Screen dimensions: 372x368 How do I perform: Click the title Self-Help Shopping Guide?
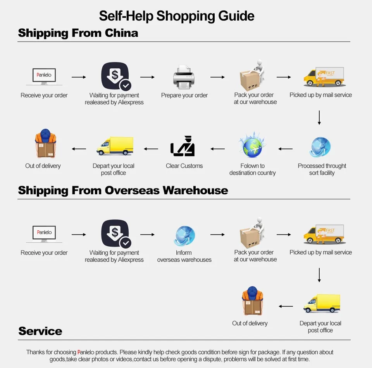(x=177, y=16)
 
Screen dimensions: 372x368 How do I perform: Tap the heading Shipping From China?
(x=78, y=33)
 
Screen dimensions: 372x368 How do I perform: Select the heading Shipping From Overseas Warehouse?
(x=123, y=190)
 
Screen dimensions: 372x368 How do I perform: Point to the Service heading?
(x=40, y=331)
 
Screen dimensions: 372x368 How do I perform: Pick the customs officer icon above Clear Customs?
(x=183, y=147)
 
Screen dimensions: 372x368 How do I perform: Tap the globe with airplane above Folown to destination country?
(x=252, y=145)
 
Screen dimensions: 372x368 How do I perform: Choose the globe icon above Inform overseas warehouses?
(x=184, y=235)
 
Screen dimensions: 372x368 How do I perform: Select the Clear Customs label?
(x=184, y=166)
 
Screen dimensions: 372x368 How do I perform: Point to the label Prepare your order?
(x=184, y=95)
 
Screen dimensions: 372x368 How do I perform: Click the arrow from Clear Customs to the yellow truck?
(x=151, y=149)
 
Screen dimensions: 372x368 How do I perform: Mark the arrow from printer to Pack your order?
(x=217, y=77)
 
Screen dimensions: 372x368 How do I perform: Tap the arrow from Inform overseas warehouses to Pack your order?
(x=217, y=235)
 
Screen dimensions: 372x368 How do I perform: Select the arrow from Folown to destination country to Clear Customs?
(x=217, y=149)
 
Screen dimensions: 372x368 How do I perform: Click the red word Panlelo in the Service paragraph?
(x=87, y=352)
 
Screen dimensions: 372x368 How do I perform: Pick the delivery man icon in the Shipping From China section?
(x=45, y=144)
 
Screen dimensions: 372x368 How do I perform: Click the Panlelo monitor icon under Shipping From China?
(x=44, y=76)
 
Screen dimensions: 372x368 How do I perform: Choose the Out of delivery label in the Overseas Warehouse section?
(x=250, y=323)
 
